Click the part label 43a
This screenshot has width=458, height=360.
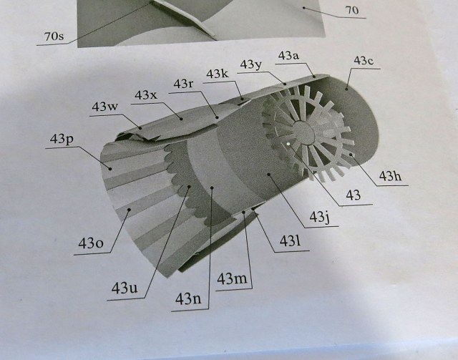point(288,54)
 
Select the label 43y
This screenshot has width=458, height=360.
point(252,65)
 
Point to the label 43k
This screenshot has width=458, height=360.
point(217,74)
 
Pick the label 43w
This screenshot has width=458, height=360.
point(104,107)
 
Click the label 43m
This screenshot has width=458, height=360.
point(233,278)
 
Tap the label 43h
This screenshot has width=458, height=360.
point(391,176)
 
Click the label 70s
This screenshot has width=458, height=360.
point(54,34)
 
